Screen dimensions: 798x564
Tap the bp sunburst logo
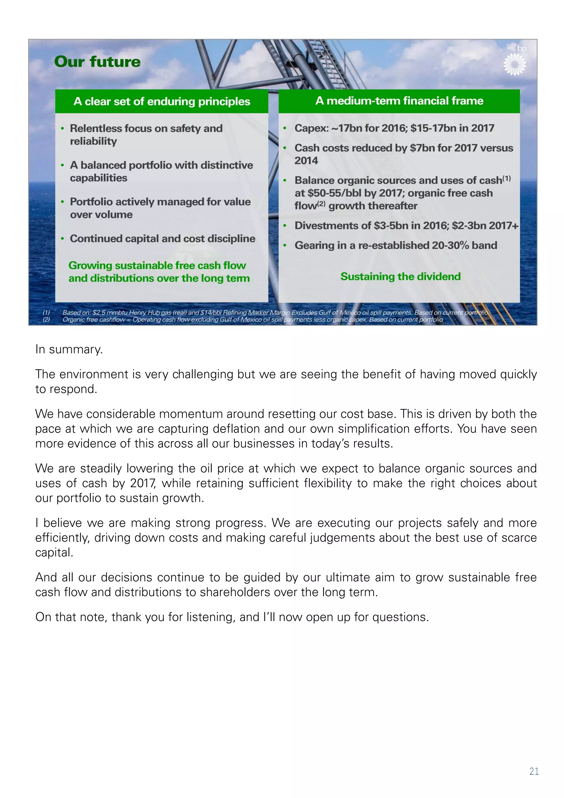pyautogui.click(x=515, y=64)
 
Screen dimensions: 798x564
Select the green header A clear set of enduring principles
pyautogui.click(x=162, y=101)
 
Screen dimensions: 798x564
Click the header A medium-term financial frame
pyautogui.click(x=399, y=101)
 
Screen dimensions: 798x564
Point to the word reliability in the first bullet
pyautogui.click(x=93, y=142)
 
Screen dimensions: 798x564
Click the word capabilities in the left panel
pyautogui.click(x=98, y=178)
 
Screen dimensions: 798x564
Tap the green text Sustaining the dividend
pyautogui.click(x=400, y=277)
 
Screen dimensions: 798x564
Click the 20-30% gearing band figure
pyautogui.click(x=451, y=245)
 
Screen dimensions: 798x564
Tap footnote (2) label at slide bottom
pyautogui.click(x=46, y=320)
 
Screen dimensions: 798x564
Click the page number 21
pyautogui.click(x=534, y=771)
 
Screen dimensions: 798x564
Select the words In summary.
pyautogui.click(x=69, y=349)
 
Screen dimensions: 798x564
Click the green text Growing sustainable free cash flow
pyautogui.click(x=157, y=266)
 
